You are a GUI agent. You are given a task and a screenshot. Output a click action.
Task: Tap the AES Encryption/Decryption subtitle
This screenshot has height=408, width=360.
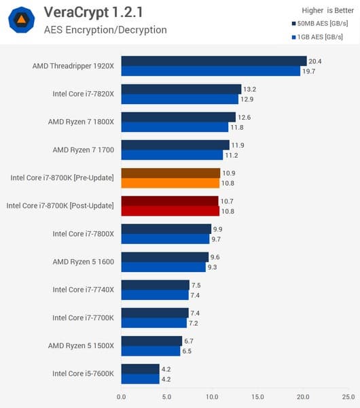[x=105, y=30]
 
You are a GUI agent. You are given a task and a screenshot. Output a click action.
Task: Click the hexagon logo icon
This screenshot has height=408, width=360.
[x=22, y=20]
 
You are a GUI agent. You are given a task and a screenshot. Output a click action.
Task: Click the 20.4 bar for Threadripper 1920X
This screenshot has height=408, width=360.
[x=213, y=61]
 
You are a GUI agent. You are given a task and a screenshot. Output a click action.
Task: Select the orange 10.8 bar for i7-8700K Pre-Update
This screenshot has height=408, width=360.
[x=170, y=183]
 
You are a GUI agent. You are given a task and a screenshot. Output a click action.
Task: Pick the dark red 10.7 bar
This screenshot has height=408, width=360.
[x=170, y=201]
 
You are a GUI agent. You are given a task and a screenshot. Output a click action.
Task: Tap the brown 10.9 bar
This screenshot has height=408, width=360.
[x=170, y=173]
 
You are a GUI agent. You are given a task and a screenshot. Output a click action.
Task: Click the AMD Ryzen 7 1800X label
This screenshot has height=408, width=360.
[x=81, y=122]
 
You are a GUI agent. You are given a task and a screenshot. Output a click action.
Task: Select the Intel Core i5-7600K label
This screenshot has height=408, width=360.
[x=83, y=374]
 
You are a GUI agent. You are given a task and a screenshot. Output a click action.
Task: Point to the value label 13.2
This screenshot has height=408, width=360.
[x=250, y=89]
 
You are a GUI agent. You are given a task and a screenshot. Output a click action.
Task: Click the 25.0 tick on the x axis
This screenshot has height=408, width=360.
[x=348, y=396]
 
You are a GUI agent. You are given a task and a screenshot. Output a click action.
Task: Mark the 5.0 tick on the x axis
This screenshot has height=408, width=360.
[x=166, y=396]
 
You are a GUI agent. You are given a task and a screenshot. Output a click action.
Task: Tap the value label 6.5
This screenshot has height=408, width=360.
[x=189, y=352]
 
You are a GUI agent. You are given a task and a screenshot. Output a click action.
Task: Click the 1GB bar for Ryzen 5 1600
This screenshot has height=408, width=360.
[x=163, y=267]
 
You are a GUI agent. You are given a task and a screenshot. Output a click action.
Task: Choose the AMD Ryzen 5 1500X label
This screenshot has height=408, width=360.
[x=81, y=346]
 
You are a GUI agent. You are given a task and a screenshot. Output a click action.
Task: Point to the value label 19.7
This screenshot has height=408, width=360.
[x=309, y=71]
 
